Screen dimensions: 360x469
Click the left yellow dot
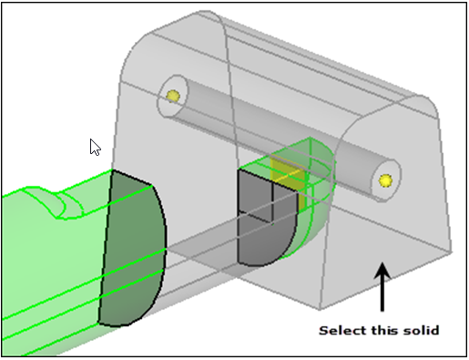pos(170,95)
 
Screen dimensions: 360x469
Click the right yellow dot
pos(386,180)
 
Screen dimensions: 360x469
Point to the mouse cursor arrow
pos(94,146)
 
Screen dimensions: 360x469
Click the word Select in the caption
pos(340,330)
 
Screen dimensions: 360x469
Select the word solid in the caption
pos(420,330)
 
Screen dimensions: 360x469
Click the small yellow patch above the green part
pos(288,172)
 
